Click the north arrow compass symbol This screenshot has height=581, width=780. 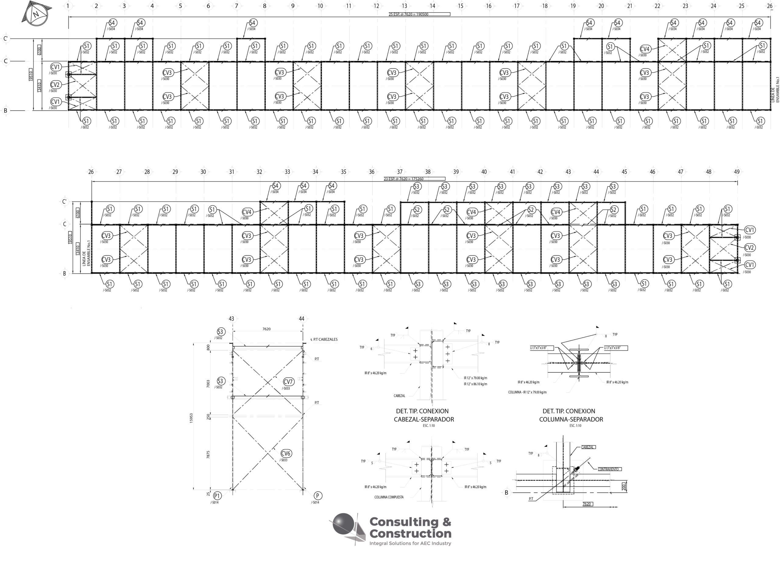click(x=36, y=14)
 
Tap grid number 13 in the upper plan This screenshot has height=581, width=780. click(x=404, y=5)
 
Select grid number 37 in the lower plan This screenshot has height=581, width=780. click(x=399, y=172)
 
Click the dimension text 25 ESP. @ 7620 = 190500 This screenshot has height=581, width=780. click(x=409, y=14)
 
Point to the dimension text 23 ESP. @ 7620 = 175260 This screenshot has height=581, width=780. click(x=404, y=179)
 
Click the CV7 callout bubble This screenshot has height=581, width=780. click(x=288, y=382)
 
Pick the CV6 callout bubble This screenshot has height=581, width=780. click(x=286, y=453)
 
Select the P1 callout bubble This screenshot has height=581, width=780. click(x=217, y=496)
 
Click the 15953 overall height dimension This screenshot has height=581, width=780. click(x=191, y=418)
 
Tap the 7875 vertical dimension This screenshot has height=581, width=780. click(x=208, y=454)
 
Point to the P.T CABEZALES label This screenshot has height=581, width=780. click(x=325, y=339)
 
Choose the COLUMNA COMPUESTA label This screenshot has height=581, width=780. click(x=389, y=497)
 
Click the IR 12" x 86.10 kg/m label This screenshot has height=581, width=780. click(x=475, y=384)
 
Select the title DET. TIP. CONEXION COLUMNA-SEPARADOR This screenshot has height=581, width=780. click(x=571, y=415)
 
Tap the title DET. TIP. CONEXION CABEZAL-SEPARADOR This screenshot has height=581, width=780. click(x=424, y=415)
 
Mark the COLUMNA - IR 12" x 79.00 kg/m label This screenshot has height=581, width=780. click(x=527, y=392)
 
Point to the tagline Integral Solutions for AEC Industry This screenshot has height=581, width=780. click(x=410, y=543)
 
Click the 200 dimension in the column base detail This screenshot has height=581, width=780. click(x=624, y=487)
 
